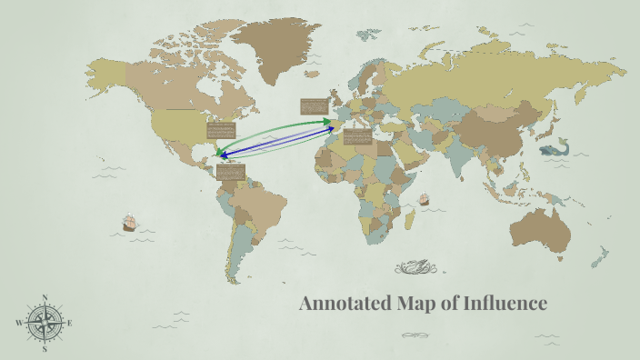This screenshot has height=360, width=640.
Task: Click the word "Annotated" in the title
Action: click(x=345, y=303)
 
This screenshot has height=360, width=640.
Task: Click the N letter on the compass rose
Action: click(x=45, y=296)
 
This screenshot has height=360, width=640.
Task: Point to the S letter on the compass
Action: click(x=45, y=349)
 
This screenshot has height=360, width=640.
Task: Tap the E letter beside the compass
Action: click(x=71, y=323)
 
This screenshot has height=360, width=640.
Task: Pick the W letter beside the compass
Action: click(x=18, y=323)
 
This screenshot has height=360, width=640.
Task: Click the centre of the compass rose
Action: click(x=45, y=323)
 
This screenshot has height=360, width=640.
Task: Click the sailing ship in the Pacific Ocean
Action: click(x=129, y=222)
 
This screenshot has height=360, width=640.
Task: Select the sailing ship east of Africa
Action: click(x=423, y=198)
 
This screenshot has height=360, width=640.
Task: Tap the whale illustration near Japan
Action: click(x=552, y=149)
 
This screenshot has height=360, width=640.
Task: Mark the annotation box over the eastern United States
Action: click(x=223, y=132)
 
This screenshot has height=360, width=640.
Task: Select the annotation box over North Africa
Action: click(x=357, y=136)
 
